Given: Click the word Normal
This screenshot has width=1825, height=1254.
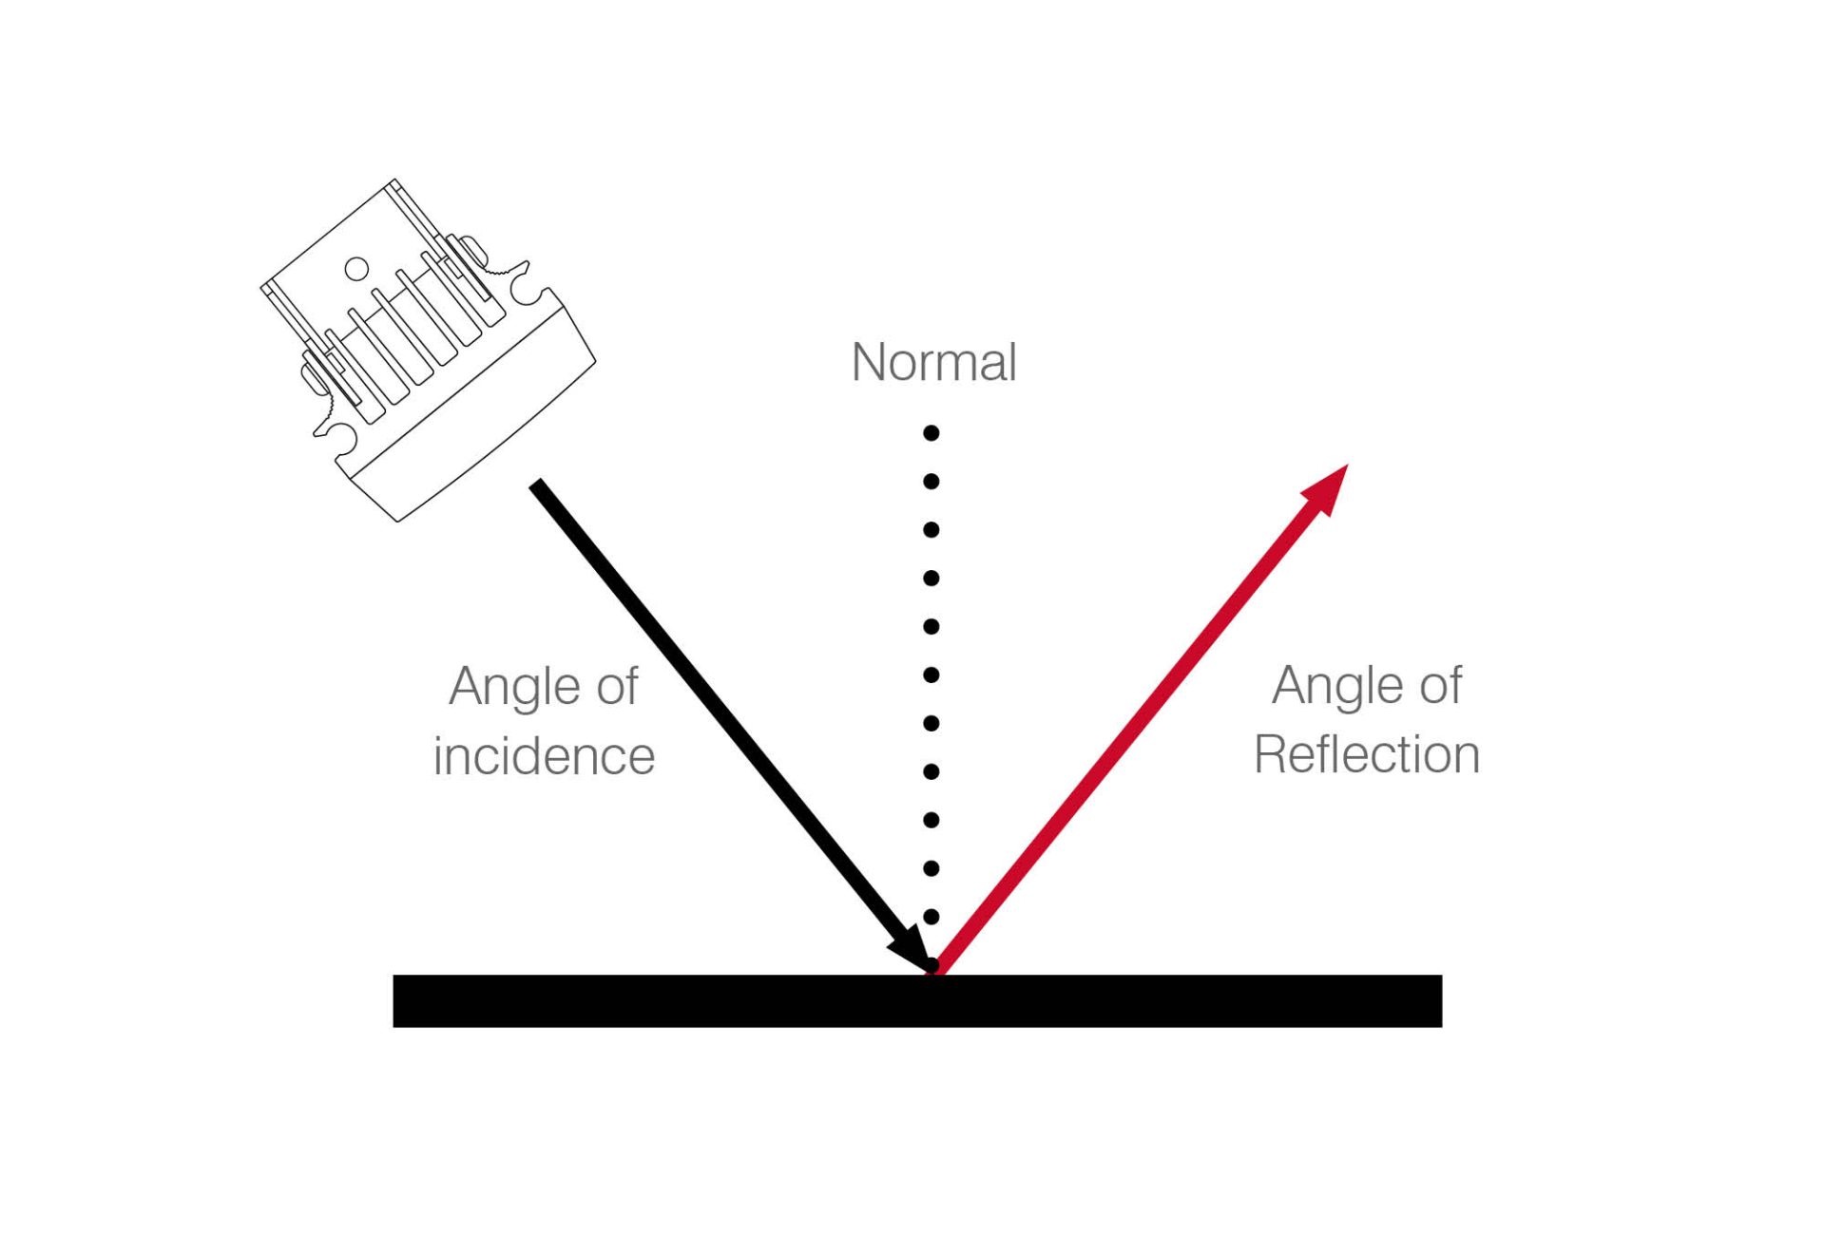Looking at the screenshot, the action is point(933,362).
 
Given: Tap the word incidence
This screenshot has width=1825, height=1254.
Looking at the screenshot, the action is point(544,756).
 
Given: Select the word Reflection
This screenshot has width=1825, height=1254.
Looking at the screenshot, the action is point(1367,755).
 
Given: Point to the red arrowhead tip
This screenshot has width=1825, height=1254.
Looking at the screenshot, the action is point(1348,465).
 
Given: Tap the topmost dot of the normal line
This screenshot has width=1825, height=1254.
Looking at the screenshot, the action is point(932,433).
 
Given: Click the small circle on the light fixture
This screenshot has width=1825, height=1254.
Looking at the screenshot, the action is point(356,269).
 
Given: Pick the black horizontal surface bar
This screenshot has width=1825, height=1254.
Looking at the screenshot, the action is point(917,1000).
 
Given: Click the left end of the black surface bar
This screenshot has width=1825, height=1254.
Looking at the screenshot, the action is point(394,1000).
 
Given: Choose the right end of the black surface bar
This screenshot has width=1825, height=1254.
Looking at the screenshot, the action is point(1441,1000).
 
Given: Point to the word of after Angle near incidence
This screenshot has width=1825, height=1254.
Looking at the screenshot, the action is point(617,686).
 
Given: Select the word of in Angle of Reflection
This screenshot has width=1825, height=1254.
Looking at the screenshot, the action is point(1440,685).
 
